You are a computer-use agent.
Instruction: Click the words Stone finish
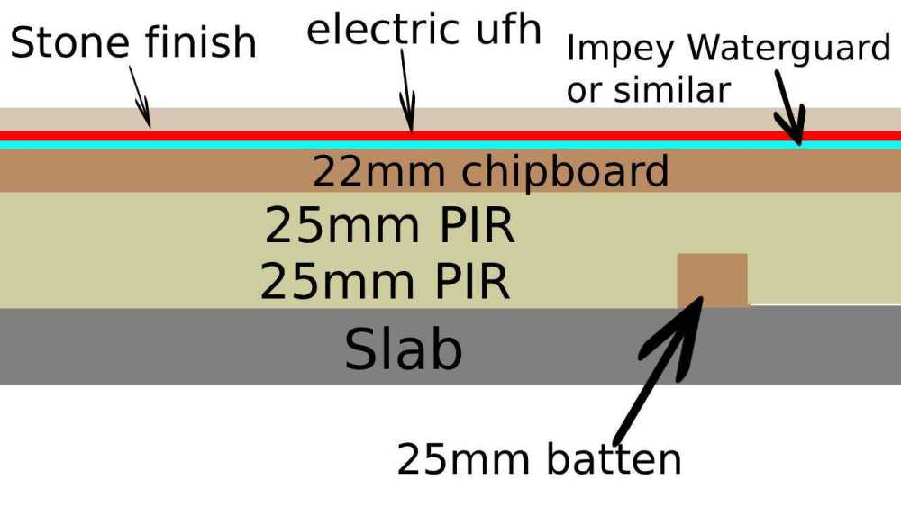(133, 42)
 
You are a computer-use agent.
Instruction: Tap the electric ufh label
(423, 29)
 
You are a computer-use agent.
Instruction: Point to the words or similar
(648, 90)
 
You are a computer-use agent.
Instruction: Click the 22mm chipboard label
(490, 171)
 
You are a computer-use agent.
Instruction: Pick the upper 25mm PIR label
(389, 226)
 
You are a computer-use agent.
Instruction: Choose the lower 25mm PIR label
(386, 282)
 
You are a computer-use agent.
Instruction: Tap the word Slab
(403, 349)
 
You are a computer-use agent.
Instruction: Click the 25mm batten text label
(539, 460)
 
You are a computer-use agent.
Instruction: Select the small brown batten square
(712, 280)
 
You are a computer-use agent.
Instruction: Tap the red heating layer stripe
(270, 136)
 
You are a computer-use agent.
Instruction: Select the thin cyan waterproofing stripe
(270, 144)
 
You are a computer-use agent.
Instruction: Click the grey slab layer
(180, 347)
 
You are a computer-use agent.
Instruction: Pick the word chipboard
(568, 171)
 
